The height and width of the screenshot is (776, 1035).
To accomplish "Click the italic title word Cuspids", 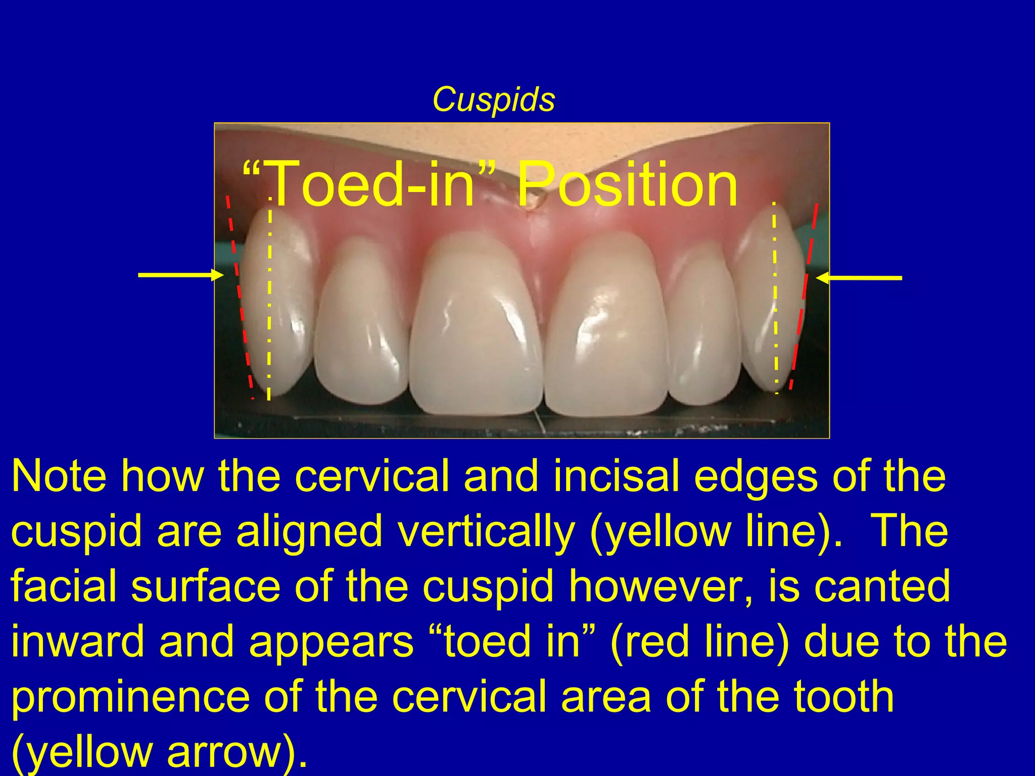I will [x=493, y=100].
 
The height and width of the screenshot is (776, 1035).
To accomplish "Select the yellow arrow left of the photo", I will [x=180, y=275].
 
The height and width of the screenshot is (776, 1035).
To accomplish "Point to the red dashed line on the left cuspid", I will [x=239, y=298].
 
